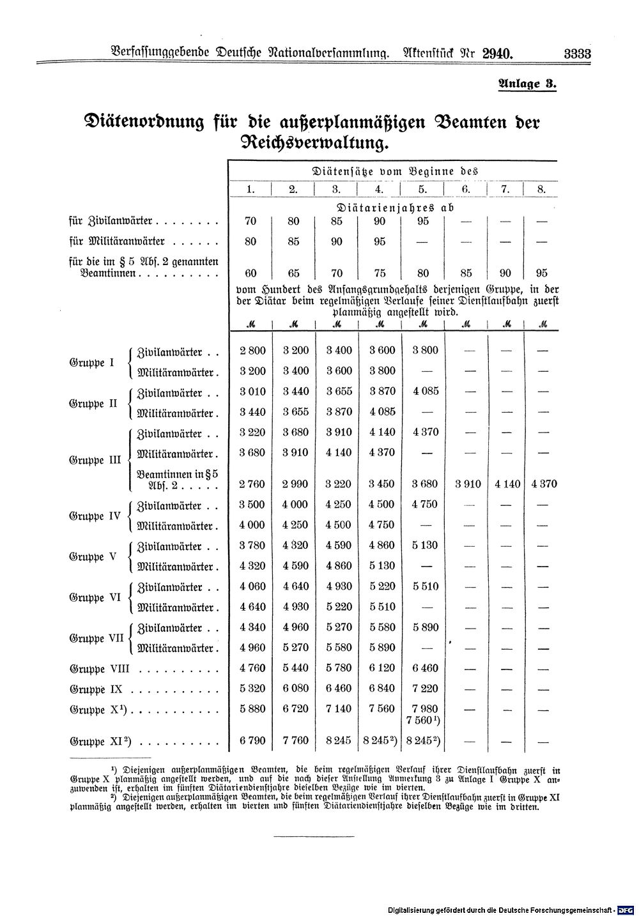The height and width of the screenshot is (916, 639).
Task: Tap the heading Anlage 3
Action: (527, 84)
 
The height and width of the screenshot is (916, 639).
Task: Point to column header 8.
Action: (542, 189)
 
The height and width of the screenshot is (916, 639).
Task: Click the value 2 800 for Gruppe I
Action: (251, 350)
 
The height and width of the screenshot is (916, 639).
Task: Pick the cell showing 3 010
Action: (251, 391)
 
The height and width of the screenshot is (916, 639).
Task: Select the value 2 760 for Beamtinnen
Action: (251, 484)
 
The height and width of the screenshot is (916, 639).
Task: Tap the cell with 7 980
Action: (422, 708)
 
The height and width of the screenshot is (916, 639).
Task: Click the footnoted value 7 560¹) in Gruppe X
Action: (424, 721)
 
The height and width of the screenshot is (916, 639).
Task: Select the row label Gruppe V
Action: (92, 556)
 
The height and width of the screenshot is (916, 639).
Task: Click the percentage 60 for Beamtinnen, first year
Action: (251, 273)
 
